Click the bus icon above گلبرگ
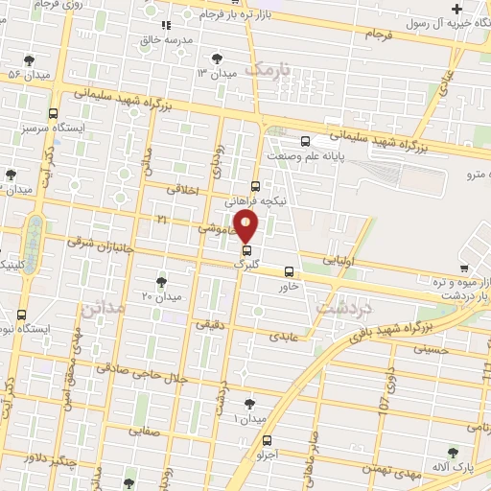(x=246, y=251)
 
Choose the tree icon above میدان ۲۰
(x=161, y=282)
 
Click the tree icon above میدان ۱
(x=250, y=405)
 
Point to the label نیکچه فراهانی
(x=253, y=202)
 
